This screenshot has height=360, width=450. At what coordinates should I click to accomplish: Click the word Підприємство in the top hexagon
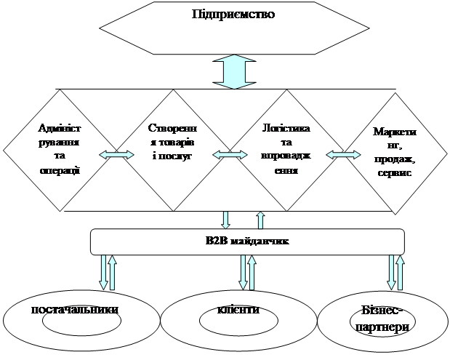pyautogui.click(x=235, y=15)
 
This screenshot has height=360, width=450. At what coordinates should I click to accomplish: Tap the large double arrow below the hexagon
pyautogui.click(x=236, y=73)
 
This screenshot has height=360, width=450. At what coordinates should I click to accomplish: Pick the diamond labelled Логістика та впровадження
pyautogui.click(x=286, y=148)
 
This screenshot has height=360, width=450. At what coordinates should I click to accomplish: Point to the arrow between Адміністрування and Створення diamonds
pyautogui.click(x=116, y=153)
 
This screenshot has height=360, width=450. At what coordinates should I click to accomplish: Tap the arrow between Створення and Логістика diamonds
pyautogui.click(x=229, y=153)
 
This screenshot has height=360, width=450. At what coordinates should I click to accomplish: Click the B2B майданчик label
pyautogui.click(x=247, y=241)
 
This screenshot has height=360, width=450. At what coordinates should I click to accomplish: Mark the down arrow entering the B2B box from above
pyautogui.click(x=225, y=220)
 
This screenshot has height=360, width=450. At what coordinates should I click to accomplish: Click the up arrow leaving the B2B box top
pyautogui.click(x=260, y=220)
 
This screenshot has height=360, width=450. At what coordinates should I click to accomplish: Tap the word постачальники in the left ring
pyautogui.click(x=75, y=311)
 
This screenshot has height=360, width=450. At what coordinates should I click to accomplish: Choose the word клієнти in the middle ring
pyautogui.click(x=238, y=311)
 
